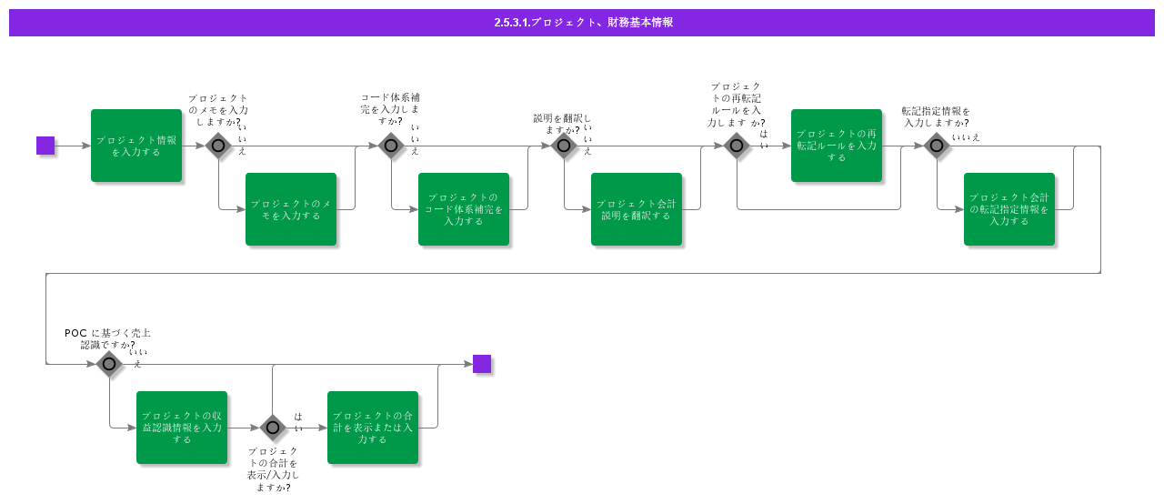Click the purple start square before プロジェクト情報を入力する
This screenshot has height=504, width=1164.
coord(45,146)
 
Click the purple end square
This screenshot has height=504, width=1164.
coord(482,364)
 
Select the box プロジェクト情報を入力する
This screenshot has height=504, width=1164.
coord(136,146)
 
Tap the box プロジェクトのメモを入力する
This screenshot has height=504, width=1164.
coord(291,209)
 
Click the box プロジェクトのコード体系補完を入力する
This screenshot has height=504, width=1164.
coord(464,209)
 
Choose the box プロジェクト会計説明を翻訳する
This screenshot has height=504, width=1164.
coord(637,209)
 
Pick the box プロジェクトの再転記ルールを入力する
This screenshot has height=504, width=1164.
coord(837,146)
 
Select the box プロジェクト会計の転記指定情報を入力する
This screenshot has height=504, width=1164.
coord(1009,209)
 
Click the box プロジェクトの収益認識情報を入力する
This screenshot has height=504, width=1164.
coord(182,428)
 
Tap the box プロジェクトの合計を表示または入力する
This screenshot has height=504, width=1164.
coord(373,428)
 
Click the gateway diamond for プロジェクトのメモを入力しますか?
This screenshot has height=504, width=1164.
coord(218,146)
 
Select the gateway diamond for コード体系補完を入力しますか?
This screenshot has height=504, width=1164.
coord(391,146)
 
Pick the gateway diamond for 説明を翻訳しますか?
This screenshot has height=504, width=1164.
coord(564,146)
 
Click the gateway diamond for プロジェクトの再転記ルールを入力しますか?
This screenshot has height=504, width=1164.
coord(737,146)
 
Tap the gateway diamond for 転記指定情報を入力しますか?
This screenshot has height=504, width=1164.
coord(937,146)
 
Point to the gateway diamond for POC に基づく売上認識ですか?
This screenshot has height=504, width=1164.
coord(109,364)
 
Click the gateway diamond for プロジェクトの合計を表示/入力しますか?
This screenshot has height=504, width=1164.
coord(273,428)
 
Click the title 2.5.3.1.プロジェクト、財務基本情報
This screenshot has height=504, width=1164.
coord(582,23)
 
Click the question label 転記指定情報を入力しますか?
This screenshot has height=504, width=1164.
coord(936,116)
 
